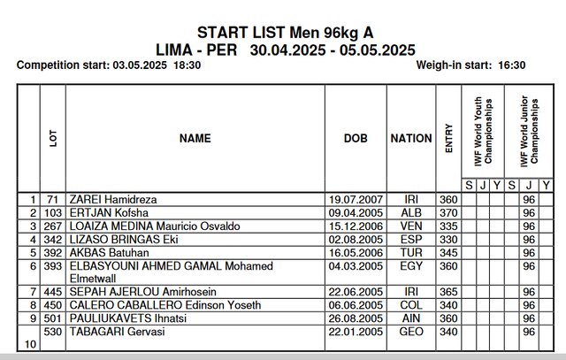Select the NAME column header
195,138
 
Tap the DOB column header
356,138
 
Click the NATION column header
411,138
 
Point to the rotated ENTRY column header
449,138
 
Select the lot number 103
52,213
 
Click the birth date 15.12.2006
354,226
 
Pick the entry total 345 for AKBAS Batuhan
448,252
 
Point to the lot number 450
52,305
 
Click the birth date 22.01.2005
354,332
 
